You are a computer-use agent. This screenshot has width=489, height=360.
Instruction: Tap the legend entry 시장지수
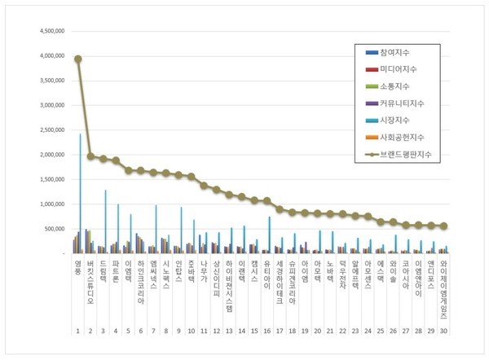(x=392, y=121)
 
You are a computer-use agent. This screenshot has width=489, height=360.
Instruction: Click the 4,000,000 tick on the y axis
(x=47, y=56)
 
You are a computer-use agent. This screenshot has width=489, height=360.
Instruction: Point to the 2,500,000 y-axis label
(x=47, y=130)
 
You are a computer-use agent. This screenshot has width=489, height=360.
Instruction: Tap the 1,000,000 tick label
(x=47, y=204)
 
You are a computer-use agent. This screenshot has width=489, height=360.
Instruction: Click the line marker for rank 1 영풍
(x=77, y=59)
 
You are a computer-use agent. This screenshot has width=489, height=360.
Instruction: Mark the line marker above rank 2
(x=90, y=156)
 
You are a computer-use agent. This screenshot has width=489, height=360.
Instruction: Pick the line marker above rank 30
(x=444, y=226)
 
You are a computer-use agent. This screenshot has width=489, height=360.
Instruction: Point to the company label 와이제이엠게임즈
(x=443, y=288)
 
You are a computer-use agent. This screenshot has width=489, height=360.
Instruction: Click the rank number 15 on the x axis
(x=254, y=331)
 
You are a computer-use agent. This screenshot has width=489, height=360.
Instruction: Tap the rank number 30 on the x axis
(x=443, y=331)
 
